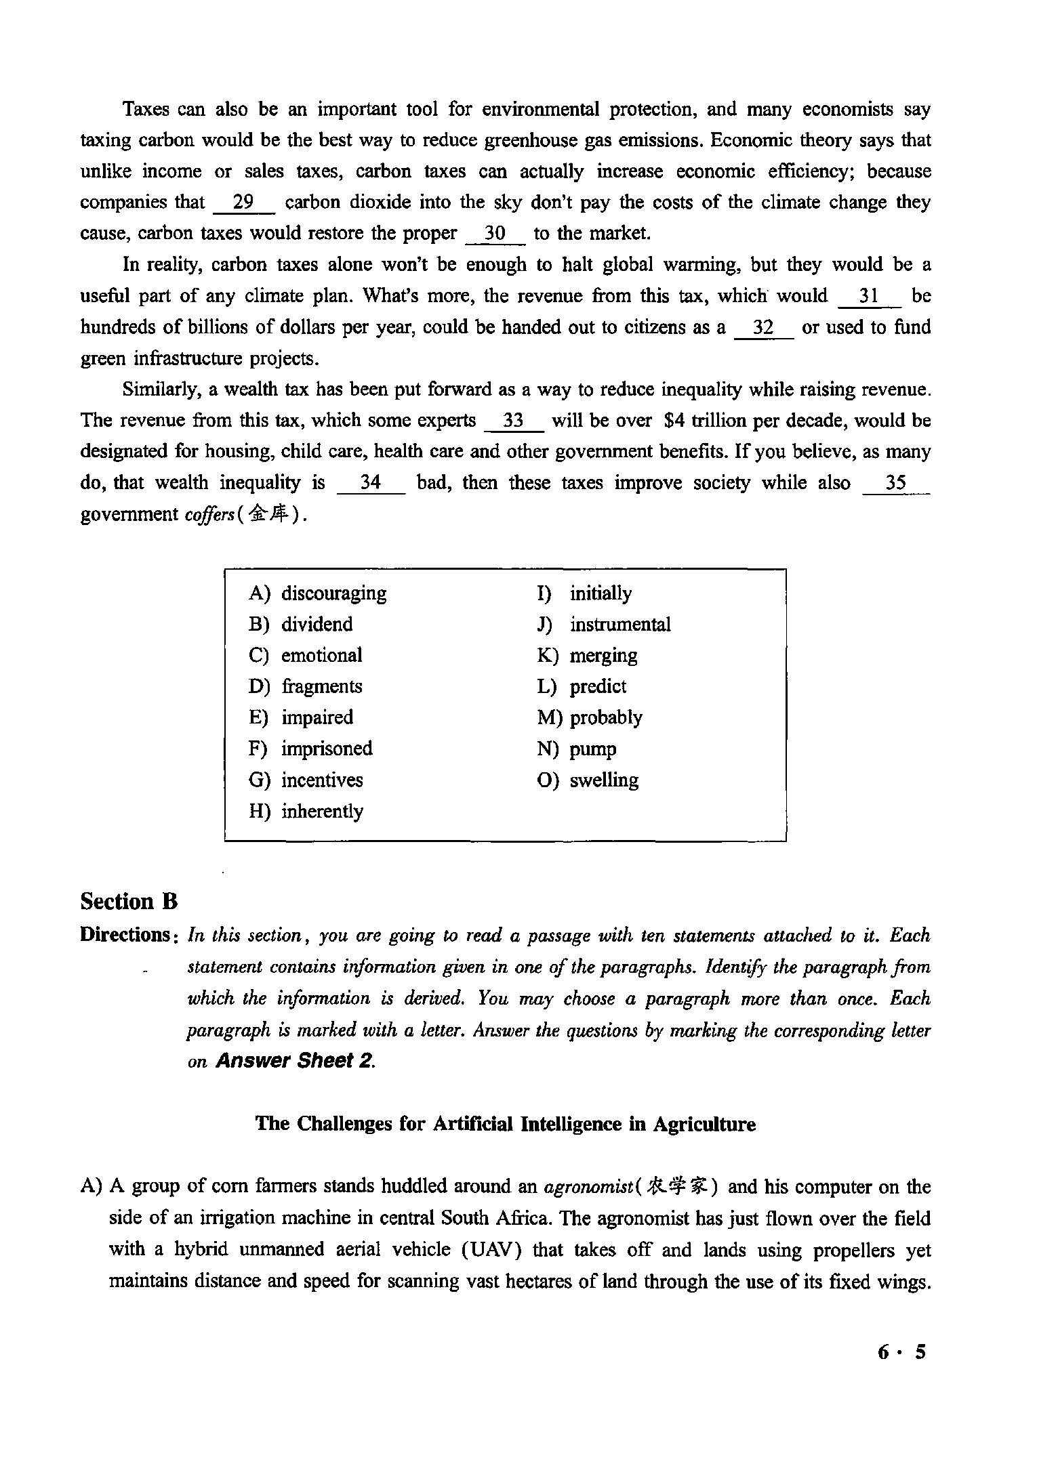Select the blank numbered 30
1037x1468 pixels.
click(496, 234)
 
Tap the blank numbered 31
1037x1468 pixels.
click(870, 296)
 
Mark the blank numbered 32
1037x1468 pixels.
click(764, 328)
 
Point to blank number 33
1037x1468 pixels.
click(514, 421)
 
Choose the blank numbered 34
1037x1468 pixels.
click(371, 483)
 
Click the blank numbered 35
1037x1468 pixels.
click(896, 483)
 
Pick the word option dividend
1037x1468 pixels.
click(317, 624)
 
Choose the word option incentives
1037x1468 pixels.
click(322, 780)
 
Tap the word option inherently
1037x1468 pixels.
click(322, 812)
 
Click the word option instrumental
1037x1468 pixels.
click(619, 624)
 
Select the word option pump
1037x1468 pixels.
click(593, 749)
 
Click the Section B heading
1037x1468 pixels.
click(129, 902)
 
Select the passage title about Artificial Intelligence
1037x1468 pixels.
click(505, 1125)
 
